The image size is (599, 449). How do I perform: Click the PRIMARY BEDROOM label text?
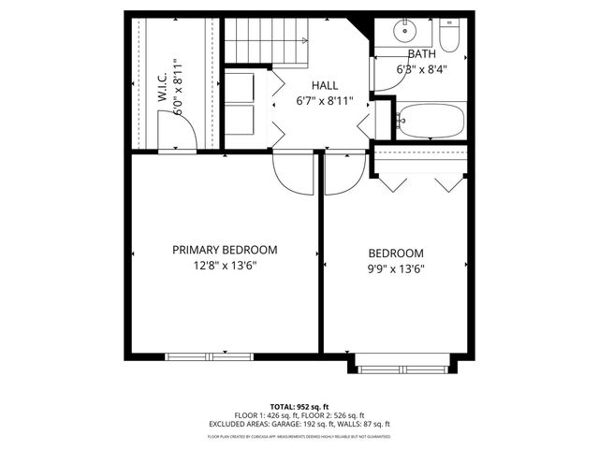tap(225, 250)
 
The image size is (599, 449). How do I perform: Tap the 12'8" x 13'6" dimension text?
tap(225, 266)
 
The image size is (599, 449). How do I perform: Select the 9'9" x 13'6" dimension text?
tap(395, 269)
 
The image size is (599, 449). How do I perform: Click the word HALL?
tap(324, 85)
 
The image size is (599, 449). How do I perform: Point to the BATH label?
tap(421, 54)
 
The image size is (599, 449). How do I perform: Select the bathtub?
tap(431, 121)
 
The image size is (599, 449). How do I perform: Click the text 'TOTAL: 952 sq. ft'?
tap(299, 405)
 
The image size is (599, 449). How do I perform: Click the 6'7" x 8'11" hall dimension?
tap(324, 101)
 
